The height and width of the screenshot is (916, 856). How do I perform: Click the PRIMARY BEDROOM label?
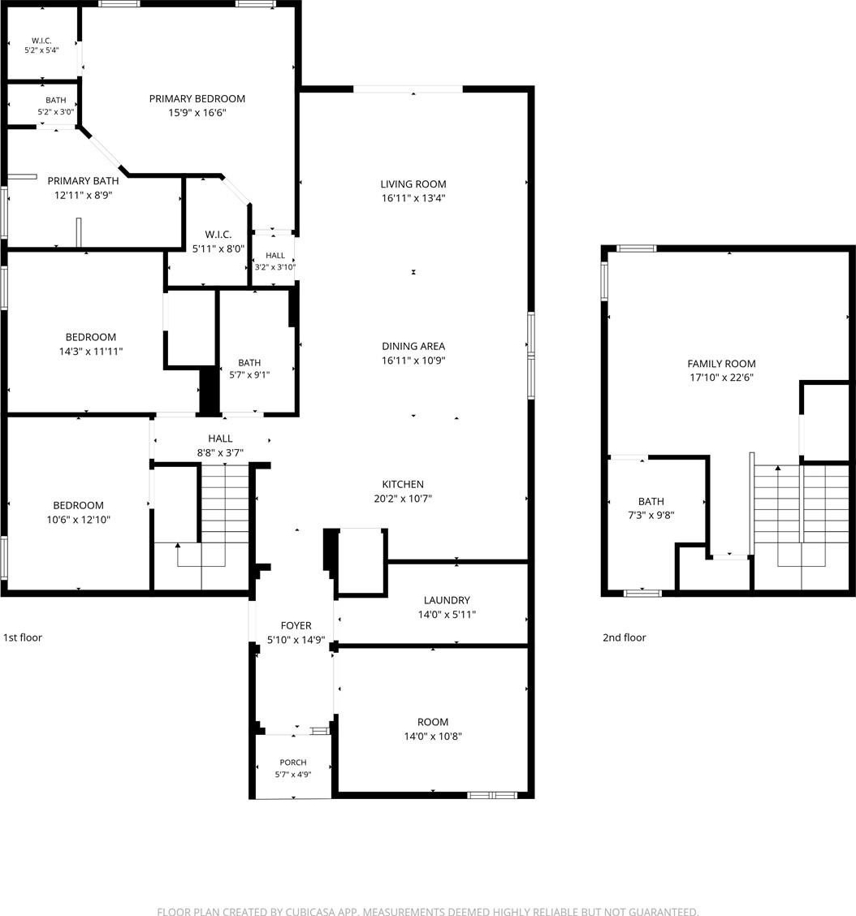197,99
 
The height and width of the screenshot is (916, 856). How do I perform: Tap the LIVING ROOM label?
413,184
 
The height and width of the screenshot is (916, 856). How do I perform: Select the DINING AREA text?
413,347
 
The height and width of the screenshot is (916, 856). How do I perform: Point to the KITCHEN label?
403,484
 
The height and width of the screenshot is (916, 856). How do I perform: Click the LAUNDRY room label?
447,600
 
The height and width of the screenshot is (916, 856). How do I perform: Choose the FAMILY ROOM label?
721,363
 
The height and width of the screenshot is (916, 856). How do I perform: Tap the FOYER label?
296,625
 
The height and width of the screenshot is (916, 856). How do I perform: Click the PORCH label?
292,763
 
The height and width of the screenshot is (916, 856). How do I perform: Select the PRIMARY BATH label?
83,181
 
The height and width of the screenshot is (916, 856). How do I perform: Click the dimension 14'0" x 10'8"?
432,736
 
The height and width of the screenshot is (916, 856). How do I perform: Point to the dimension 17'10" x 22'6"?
721,378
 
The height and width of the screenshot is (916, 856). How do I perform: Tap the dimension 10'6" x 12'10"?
78,520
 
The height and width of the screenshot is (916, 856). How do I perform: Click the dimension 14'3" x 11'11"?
91,351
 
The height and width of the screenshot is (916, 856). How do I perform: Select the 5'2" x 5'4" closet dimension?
41,50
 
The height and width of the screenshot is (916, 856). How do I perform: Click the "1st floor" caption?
23,637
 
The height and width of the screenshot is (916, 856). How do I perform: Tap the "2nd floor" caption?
624,637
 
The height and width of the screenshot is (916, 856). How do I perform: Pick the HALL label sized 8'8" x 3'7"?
220,439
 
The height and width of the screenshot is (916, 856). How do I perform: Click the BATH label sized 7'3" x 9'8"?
651,501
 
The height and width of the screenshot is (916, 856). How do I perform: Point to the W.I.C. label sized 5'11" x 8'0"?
218,235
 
